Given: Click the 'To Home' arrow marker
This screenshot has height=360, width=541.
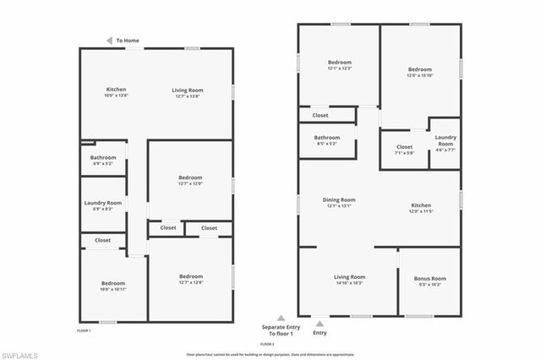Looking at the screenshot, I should (110, 40).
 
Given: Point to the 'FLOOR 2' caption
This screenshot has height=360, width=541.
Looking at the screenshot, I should (267, 345).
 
